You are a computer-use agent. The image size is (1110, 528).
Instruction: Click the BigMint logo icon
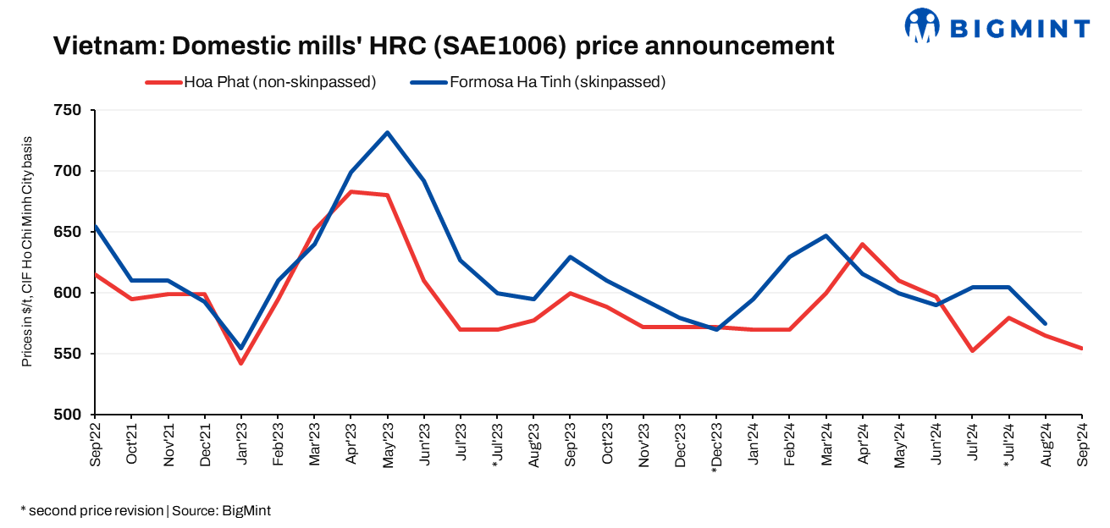click(x=922, y=25)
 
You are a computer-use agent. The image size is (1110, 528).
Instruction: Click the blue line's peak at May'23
click(x=387, y=132)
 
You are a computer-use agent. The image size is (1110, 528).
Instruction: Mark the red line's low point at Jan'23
click(x=241, y=363)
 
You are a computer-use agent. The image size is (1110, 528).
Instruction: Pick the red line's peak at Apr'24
click(x=863, y=245)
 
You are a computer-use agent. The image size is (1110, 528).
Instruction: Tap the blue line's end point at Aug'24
click(x=1045, y=323)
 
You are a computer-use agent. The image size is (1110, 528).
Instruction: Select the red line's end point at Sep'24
click(x=1081, y=348)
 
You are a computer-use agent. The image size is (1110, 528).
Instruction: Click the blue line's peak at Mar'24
click(x=826, y=236)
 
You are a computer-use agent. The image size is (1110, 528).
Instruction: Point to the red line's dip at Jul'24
click(x=972, y=350)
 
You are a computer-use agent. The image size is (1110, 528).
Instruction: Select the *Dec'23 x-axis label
click(x=716, y=446)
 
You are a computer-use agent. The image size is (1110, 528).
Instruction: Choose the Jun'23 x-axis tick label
click(x=424, y=443)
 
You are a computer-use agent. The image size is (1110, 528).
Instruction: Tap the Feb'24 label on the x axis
click(x=789, y=443)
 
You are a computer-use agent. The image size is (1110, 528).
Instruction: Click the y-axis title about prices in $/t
click(x=27, y=251)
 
